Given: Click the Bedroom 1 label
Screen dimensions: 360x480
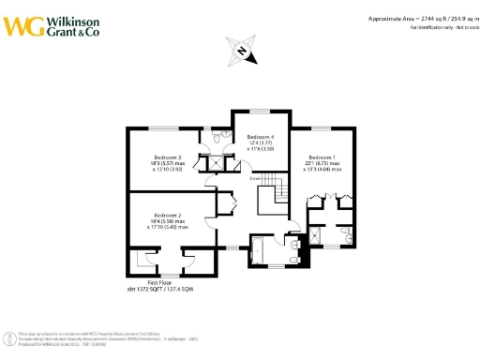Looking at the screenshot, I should tap(322, 157).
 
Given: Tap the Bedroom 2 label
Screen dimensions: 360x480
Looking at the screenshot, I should tap(167, 215).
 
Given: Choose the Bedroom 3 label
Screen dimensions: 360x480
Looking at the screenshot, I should tap(166, 157).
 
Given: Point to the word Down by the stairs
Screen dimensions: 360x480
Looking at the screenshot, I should tap(255, 176).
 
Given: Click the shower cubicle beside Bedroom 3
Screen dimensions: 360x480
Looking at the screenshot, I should tap(218, 160).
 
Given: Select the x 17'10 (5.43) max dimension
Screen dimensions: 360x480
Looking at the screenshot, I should tap(167, 227).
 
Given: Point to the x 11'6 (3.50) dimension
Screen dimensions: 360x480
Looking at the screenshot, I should tap(261, 149).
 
